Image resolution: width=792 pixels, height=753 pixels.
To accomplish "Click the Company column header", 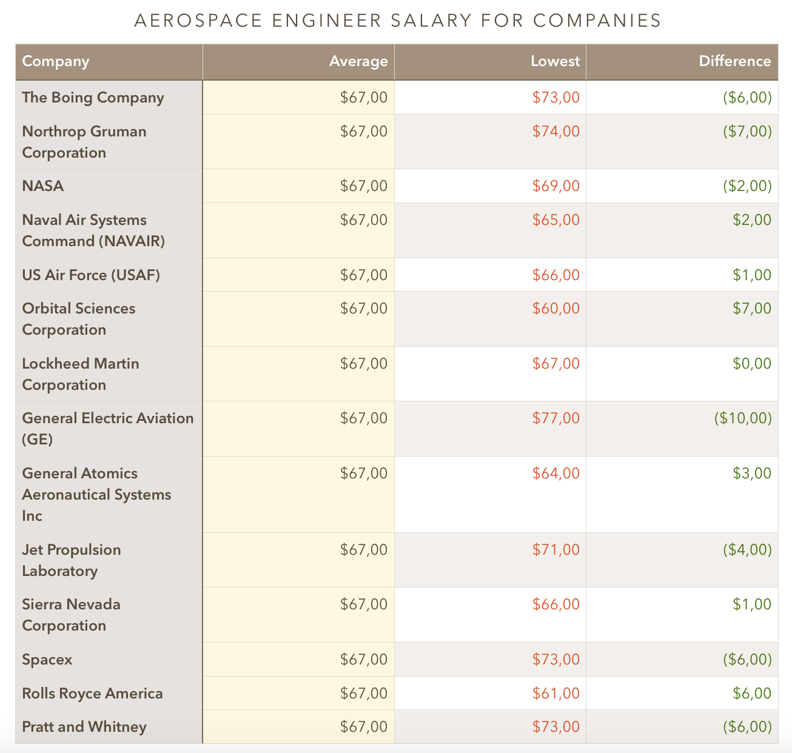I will (56, 61).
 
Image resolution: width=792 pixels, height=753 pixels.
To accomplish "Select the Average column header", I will (358, 61).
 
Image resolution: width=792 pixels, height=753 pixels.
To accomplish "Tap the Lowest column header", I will (555, 61).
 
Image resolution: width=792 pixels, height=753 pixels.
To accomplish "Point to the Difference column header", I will (734, 61).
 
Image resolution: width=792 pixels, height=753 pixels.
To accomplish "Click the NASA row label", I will (43, 186).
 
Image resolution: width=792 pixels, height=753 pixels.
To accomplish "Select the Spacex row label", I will (47, 659).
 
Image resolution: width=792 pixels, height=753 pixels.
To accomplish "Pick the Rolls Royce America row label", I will (92, 693).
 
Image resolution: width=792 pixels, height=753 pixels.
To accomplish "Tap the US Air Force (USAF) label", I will (91, 275).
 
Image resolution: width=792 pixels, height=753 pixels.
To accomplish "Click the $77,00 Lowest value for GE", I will (555, 418).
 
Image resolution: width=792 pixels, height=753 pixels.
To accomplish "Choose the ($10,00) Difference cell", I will (743, 418).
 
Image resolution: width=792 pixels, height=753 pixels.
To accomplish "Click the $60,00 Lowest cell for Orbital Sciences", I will (555, 309).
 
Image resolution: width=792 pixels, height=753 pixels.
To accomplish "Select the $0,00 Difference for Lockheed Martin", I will (752, 364).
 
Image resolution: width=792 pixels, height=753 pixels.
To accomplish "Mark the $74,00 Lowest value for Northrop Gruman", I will (555, 132).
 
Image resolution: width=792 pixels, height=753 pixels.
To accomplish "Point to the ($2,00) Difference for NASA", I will (747, 186).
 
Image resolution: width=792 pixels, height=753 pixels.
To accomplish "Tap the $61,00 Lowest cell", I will (555, 693).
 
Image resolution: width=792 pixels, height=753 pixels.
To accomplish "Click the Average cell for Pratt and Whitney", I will (364, 726).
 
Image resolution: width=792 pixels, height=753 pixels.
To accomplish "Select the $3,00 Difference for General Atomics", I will (752, 474).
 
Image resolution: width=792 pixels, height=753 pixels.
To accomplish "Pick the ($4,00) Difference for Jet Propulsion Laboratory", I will (747, 550).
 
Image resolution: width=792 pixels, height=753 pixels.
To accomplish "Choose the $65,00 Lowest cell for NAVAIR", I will (555, 220).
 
